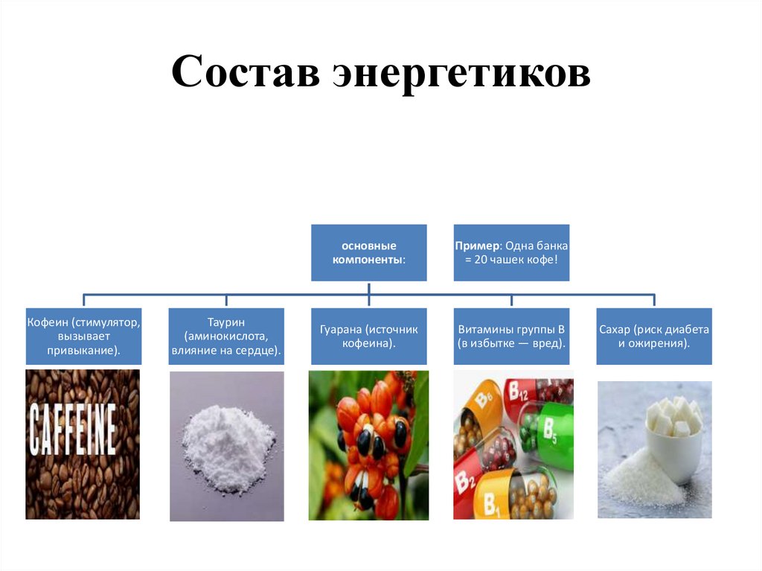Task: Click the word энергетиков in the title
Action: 461,74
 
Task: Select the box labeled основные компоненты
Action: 369,252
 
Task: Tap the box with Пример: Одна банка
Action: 511,252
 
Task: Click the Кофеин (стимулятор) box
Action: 83,336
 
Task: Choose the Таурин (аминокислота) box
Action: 226,336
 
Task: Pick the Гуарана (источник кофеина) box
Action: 369,336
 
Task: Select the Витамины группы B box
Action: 511,336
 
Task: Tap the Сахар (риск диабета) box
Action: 654,336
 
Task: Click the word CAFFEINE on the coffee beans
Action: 73,430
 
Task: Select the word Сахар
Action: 615,329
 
